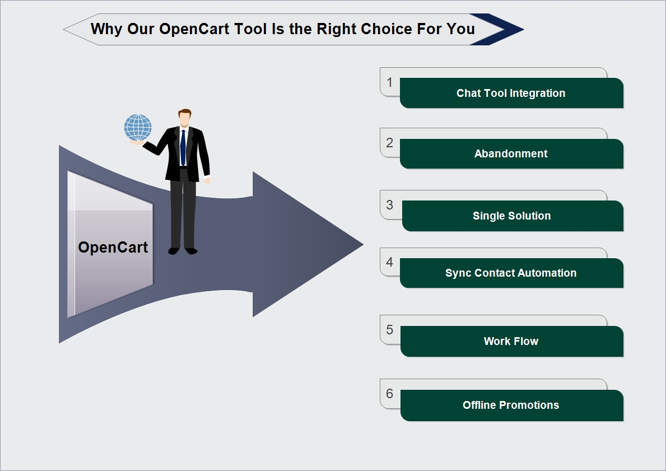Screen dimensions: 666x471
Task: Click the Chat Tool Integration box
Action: pyautogui.click(x=511, y=93)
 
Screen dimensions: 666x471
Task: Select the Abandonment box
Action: pyautogui.click(x=511, y=154)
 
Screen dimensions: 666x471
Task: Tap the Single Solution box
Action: pyautogui.click(x=512, y=216)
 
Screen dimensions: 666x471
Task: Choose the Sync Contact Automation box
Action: pyautogui.click(x=511, y=273)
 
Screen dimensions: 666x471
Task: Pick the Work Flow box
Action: pyautogui.click(x=512, y=342)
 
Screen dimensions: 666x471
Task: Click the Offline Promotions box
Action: pyautogui.click(x=512, y=405)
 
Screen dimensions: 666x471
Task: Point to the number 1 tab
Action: pyautogui.click(x=389, y=82)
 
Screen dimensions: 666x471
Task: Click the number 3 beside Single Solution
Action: pyautogui.click(x=389, y=205)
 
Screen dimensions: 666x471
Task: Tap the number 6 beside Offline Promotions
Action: pyautogui.click(x=389, y=394)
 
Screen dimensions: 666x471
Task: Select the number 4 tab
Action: pyautogui.click(x=389, y=262)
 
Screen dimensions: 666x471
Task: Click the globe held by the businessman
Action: pyautogui.click(x=138, y=128)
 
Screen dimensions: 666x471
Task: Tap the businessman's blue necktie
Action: pyautogui.click(x=183, y=147)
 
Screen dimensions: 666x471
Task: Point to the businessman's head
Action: pyautogui.click(x=185, y=118)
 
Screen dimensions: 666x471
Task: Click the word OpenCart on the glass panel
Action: pyautogui.click(x=113, y=247)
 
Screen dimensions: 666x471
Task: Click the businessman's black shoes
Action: pyautogui.click(x=183, y=250)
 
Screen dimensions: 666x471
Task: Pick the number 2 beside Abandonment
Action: pyautogui.click(x=389, y=143)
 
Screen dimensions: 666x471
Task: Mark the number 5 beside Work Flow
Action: pyautogui.click(x=389, y=329)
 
